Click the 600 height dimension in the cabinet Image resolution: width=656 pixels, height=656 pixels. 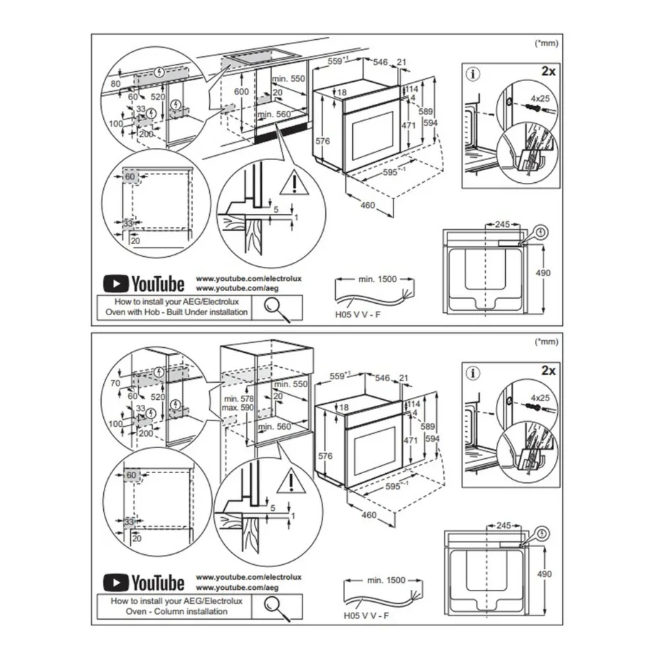(242, 92)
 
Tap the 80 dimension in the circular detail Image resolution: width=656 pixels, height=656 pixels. (117, 84)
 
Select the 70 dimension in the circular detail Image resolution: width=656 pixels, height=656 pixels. (117, 382)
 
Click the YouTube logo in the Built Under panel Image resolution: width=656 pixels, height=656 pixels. (144, 284)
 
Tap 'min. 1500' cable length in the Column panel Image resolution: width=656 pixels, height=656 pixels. (386, 580)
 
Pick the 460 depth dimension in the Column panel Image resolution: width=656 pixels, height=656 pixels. (367, 513)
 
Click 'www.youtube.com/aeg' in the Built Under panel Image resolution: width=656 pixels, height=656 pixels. (227, 288)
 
